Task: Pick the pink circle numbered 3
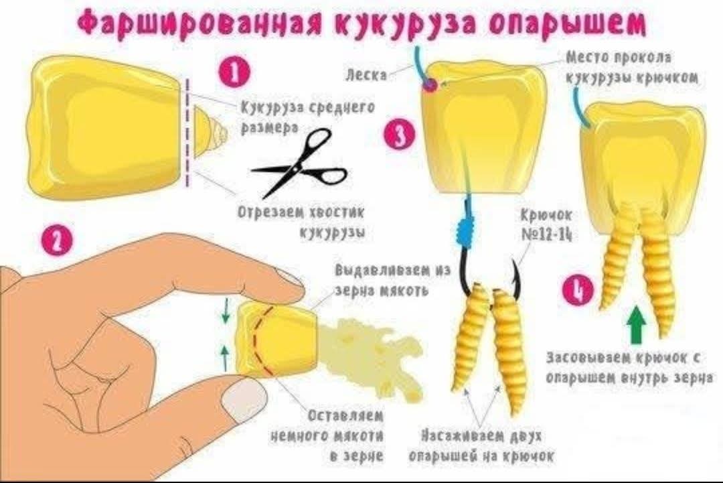(398, 134)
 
